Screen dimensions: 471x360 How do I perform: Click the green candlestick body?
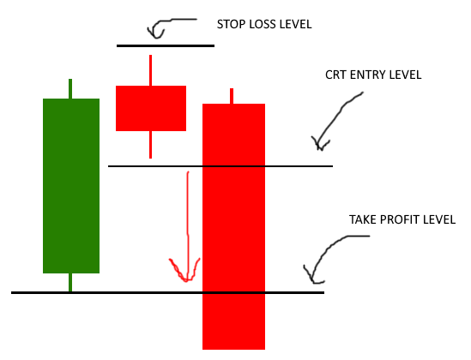coord(71,186)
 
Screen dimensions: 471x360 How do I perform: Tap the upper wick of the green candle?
coord(70,89)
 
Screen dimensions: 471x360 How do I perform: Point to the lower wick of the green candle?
coord(70,282)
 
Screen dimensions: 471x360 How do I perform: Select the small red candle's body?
coord(151,108)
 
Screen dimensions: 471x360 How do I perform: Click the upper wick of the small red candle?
coord(150,70)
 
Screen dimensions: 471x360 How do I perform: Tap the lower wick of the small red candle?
coord(150,145)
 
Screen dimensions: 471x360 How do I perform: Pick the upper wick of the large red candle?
coord(232,96)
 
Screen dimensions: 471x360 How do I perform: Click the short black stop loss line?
coord(166,46)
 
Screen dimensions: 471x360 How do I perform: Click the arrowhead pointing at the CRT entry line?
coord(320,144)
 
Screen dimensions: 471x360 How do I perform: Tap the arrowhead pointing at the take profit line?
coord(313,276)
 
